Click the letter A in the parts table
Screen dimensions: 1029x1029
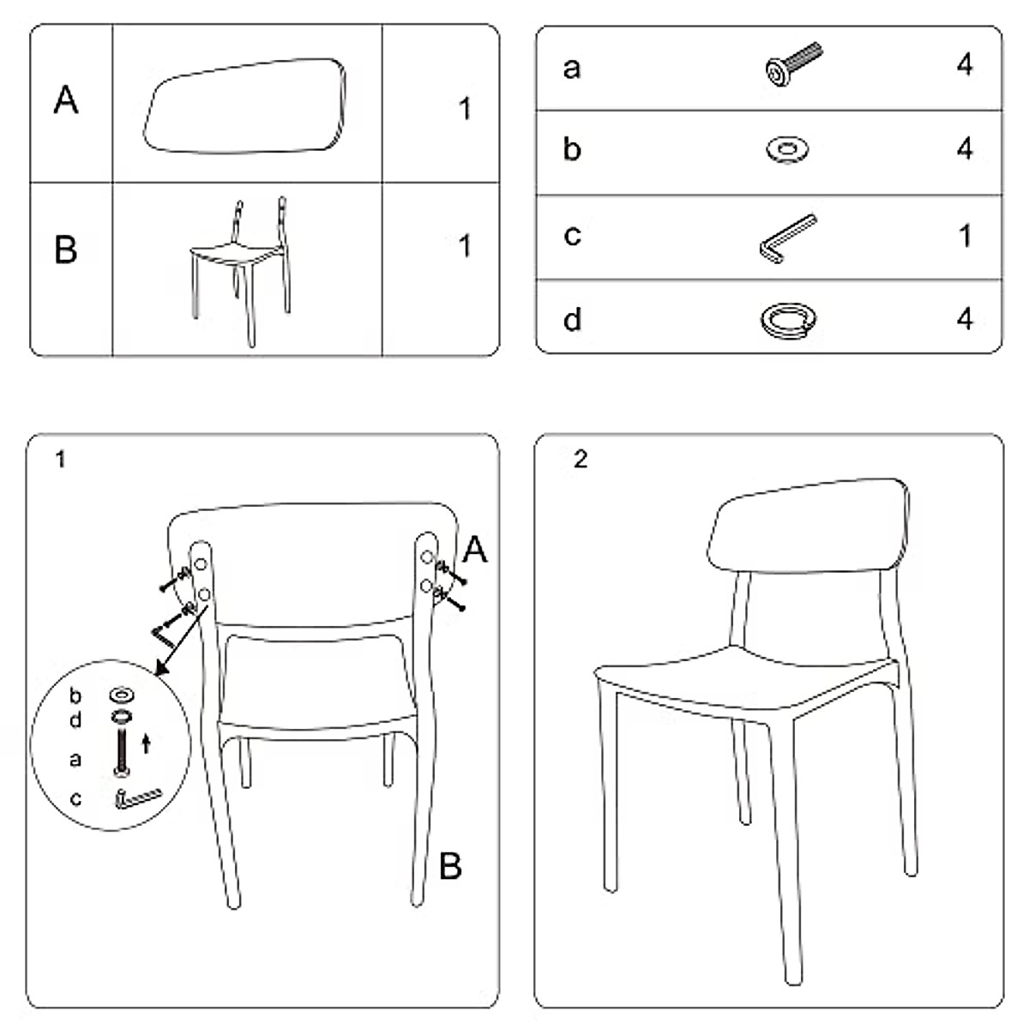point(66,100)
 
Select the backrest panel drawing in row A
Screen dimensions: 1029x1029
point(247,105)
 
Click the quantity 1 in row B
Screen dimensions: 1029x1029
point(464,246)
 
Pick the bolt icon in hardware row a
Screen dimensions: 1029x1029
point(791,67)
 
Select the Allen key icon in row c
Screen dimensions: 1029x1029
point(786,238)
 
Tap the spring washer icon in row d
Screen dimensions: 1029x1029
point(787,320)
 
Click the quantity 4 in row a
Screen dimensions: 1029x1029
point(965,65)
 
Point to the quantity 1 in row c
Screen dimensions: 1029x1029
point(966,235)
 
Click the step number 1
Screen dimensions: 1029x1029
point(59,460)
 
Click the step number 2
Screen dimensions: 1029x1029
point(581,460)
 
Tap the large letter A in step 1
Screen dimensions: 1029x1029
point(474,550)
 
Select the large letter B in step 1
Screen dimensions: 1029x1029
point(450,866)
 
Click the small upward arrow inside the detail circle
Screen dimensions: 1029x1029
point(146,743)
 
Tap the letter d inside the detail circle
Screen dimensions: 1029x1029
point(75,720)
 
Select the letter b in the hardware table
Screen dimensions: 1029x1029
point(572,150)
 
